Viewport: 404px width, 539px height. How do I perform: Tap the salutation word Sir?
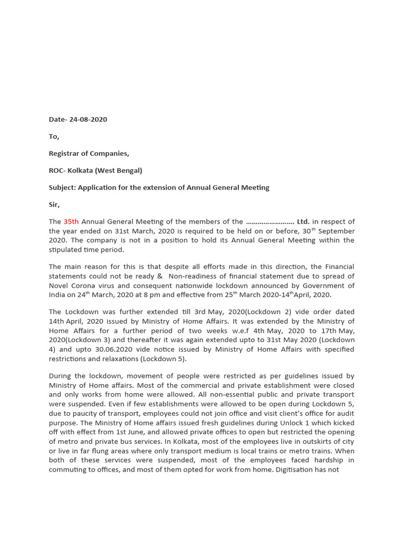click(x=54, y=205)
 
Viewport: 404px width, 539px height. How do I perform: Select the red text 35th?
click(x=71, y=222)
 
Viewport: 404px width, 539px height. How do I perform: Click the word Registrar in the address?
click(x=66, y=154)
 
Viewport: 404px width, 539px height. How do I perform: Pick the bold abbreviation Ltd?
click(x=303, y=222)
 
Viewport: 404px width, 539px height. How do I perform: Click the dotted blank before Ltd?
click(x=270, y=222)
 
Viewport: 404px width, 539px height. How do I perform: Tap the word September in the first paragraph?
click(x=337, y=232)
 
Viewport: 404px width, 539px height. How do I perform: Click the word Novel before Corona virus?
click(x=59, y=286)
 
